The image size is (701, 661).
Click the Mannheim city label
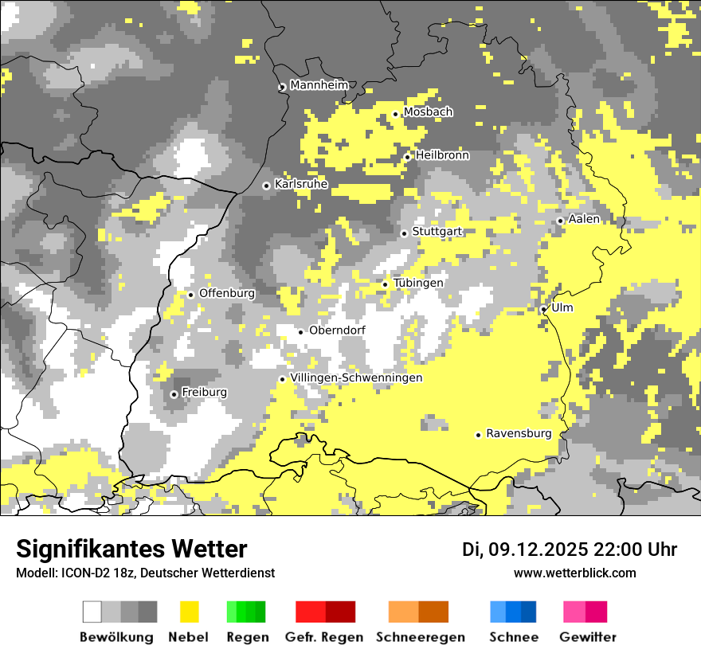click(x=319, y=85)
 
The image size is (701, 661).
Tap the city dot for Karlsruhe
click(x=267, y=186)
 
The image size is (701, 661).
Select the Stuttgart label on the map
click(x=437, y=232)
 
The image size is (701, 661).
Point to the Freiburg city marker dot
click(x=174, y=394)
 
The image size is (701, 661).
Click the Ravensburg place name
click(x=519, y=434)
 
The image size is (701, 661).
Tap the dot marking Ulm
click(x=543, y=309)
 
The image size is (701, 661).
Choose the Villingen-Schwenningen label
click(x=357, y=378)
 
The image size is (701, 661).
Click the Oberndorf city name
click(x=338, y=330)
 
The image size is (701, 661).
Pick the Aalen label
click(x=585, y=219)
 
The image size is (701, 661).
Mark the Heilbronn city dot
click(x=407, y=157)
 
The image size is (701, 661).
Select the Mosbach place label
click(x=428, y=112)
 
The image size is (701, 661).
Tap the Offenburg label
click(x=227, y=293)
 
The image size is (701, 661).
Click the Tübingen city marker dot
click(x=385, y=284)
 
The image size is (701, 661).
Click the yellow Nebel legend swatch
click(x=190, y=612)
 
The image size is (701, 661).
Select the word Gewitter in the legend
click(x=588, y=637)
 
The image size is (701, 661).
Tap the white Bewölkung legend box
click(x=92, y=612)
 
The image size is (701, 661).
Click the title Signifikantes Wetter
click(x=131, y=549)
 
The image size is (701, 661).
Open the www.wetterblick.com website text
click(x=575, y=573)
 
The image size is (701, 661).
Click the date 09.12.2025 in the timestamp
click(x=538, y=550)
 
